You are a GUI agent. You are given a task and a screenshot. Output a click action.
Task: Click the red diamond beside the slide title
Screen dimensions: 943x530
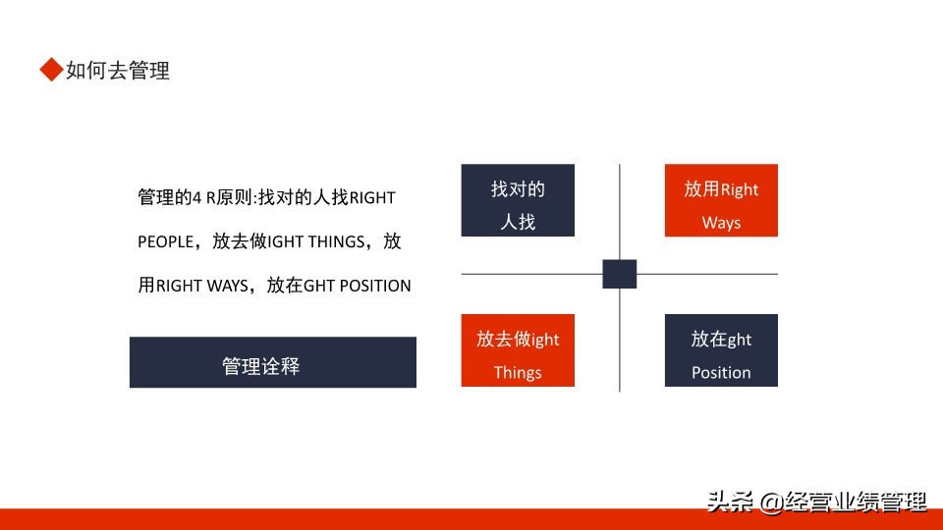coord(52,69)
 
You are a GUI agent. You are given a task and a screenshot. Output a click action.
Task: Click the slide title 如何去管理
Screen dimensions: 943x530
coord(118,71)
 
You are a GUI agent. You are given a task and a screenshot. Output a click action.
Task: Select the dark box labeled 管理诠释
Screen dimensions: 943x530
coord(273,362)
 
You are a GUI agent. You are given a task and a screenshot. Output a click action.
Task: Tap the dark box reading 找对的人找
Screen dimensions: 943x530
coord(518,200)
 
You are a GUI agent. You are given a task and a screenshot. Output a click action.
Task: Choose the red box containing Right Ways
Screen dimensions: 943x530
coord(721,200)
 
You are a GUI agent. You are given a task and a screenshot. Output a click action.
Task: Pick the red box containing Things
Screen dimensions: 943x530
coord(518,350)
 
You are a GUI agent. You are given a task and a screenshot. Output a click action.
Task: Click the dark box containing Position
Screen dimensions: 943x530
coord(721,350)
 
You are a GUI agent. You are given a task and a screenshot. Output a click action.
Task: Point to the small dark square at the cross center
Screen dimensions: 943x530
coord(620,274)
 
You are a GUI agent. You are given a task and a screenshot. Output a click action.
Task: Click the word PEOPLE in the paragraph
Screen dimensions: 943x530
coord(165,241)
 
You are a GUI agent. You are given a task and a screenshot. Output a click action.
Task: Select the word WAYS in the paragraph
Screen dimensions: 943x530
coord(227,286)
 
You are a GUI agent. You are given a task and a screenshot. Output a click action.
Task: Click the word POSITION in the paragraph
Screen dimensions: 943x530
coord(375,286)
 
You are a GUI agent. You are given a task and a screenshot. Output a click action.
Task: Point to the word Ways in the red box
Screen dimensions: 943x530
coord(721,223)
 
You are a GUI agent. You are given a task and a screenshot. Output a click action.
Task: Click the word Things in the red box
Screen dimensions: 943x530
coord(518,373)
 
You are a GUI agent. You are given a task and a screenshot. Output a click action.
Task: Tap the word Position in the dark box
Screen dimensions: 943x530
coord(721,373)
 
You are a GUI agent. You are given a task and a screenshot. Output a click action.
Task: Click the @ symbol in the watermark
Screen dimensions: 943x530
coord(771,502)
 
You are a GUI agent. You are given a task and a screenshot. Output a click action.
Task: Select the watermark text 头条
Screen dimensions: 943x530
coord(730,502)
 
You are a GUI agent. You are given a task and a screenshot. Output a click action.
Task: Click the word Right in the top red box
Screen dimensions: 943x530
coord(739,189)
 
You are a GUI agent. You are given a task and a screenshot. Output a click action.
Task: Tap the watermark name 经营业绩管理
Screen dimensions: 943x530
coord(856,502)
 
